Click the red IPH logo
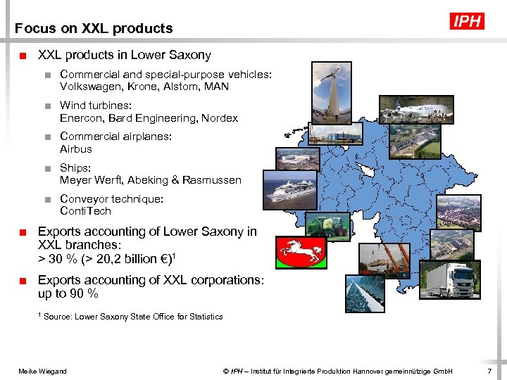pyautogui.click(x=467, y=21)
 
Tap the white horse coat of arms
pyautogui.click(x=301, y=251)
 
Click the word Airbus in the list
pyautogui.click(x=76, y=149)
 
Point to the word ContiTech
pyautogui.click(x=86, y=211)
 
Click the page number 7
pyautogui.click(x=489, y=371)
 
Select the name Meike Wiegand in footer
pyautogui.click(x=42, y=371)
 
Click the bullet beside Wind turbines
pyautogui.click(x=46, y=106)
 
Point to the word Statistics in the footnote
pyautogui.click(x=201, y=317)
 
